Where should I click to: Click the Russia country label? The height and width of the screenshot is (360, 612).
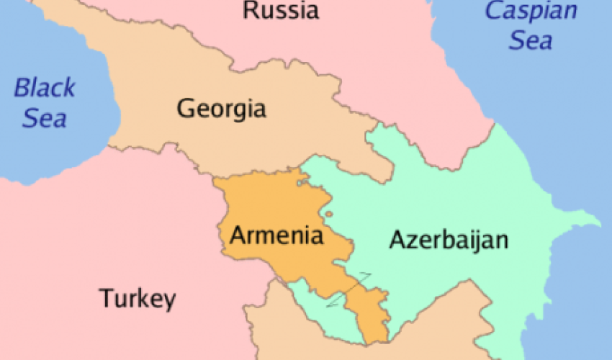pyautogui.click(x=281, y=10)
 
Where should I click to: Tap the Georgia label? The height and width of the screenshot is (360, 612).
pyautogui.click(x=221, y=109)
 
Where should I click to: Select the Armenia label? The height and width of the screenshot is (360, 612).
pyautogui.click(x=276, y=235)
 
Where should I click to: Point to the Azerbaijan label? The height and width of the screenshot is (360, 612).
pyautogui.click(x=449, y=240)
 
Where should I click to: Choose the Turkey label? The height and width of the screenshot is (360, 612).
pyautogui.click(x=137, y=298)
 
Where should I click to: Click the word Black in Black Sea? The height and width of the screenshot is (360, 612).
pyautogui.click(x=45, y=89)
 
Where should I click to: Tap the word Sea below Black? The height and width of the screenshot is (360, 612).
pyautogui.click(x=45, y=118)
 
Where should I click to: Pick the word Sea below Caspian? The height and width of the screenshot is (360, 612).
pyautogui.click(x=531, y=41)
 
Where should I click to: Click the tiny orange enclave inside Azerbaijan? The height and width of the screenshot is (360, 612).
pyautogui.click(x=328, y=213)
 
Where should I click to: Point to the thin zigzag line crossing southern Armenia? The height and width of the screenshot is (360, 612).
pyautogui.click(x=349, y=290)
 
